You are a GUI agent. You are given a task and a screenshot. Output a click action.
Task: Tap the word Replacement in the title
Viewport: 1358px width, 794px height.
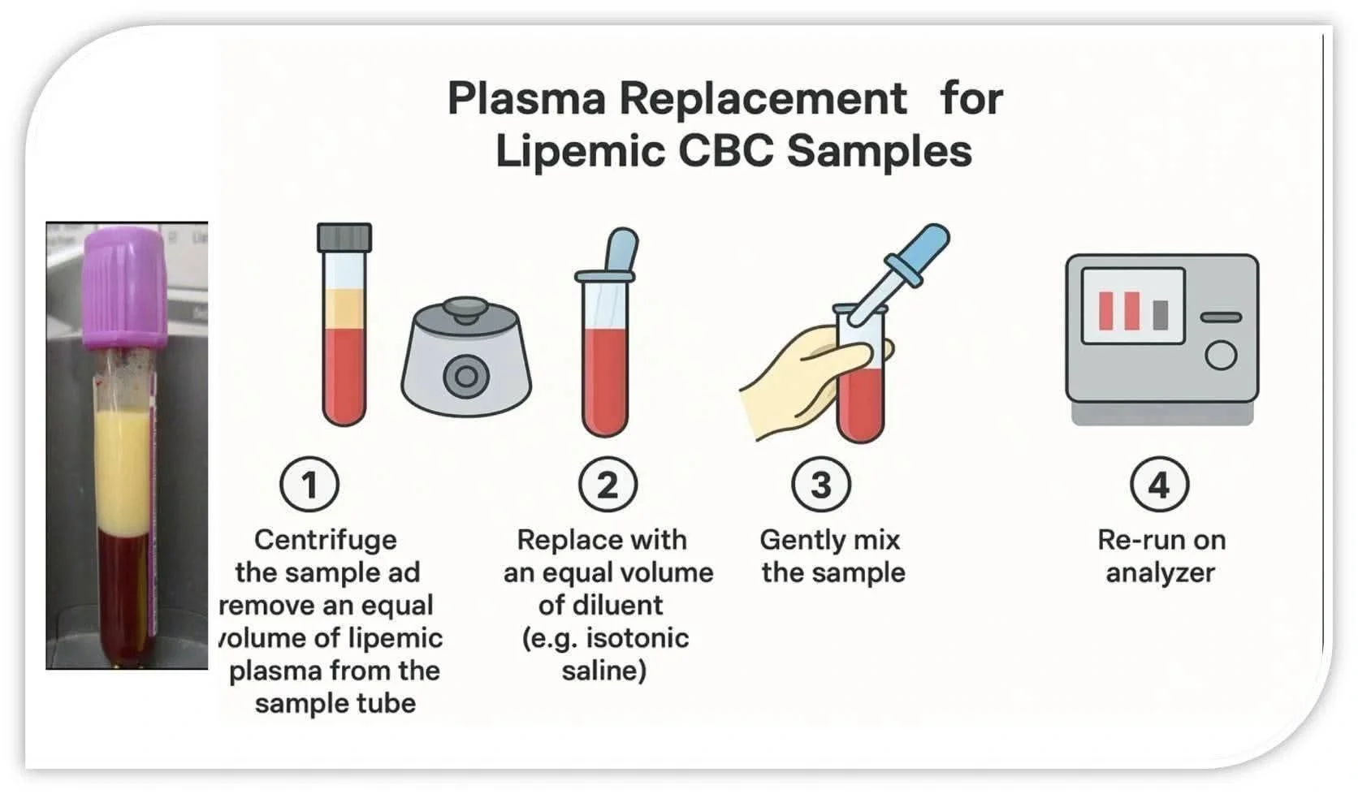coord(763,99)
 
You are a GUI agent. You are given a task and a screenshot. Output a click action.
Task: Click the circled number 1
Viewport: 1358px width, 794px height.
coord(309,485)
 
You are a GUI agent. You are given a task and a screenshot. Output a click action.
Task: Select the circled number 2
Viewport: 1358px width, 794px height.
coord(608,485)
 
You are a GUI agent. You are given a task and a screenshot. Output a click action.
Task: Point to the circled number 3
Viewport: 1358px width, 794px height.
coord(821,485)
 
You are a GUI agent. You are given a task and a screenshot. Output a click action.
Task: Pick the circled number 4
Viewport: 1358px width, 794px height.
coord(1159,485)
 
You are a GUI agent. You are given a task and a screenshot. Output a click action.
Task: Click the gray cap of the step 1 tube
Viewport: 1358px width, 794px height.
coord(344,237)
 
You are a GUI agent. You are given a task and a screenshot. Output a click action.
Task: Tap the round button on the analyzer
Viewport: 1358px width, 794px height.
coord(1220,355)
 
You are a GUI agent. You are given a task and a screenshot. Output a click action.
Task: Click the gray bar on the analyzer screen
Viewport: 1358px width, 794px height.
coord(1161,314)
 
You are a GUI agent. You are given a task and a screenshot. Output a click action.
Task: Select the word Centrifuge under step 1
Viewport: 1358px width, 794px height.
coord(326,540)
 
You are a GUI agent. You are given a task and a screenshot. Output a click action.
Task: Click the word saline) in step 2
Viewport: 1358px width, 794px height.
coord(604,671)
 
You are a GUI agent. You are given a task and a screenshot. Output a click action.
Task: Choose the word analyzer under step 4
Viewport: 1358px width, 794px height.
coord(1160,573)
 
